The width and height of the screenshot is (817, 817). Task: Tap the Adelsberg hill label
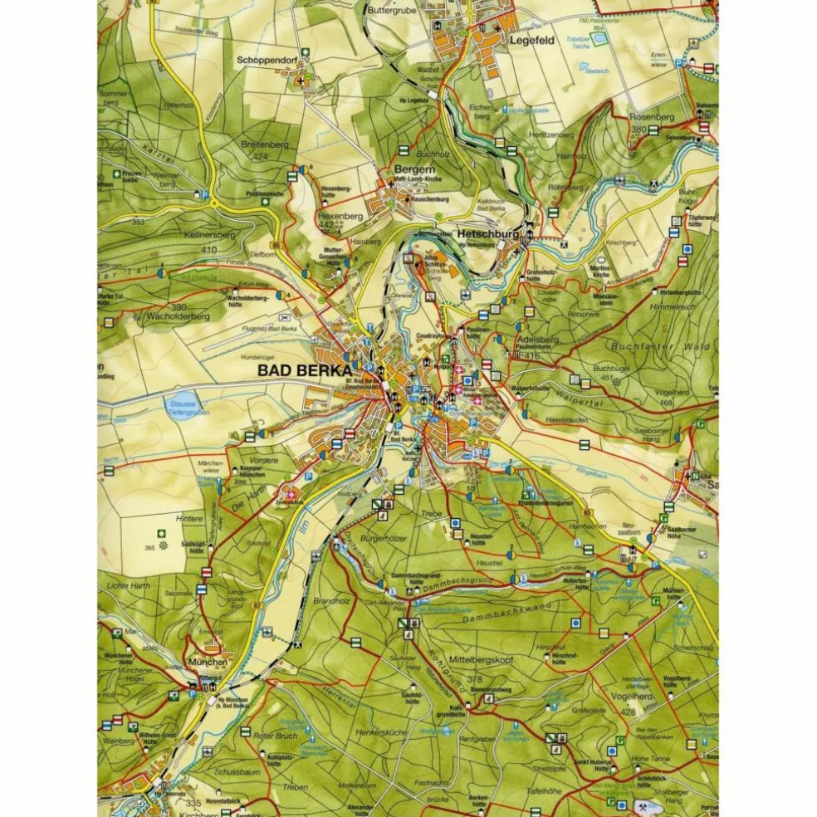536,340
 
